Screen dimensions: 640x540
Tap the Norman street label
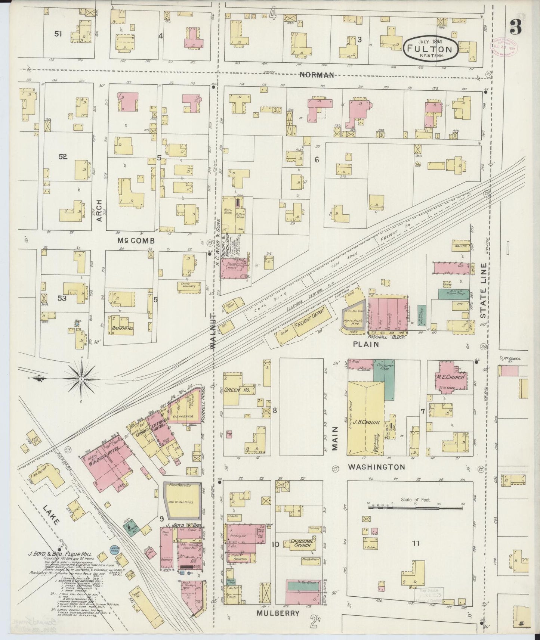(317, 75)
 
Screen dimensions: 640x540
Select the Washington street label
(376, 467)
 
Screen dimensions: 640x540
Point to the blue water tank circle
(114, 550)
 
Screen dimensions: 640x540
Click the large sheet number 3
(517, 27)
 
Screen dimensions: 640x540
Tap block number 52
(62, 157)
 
